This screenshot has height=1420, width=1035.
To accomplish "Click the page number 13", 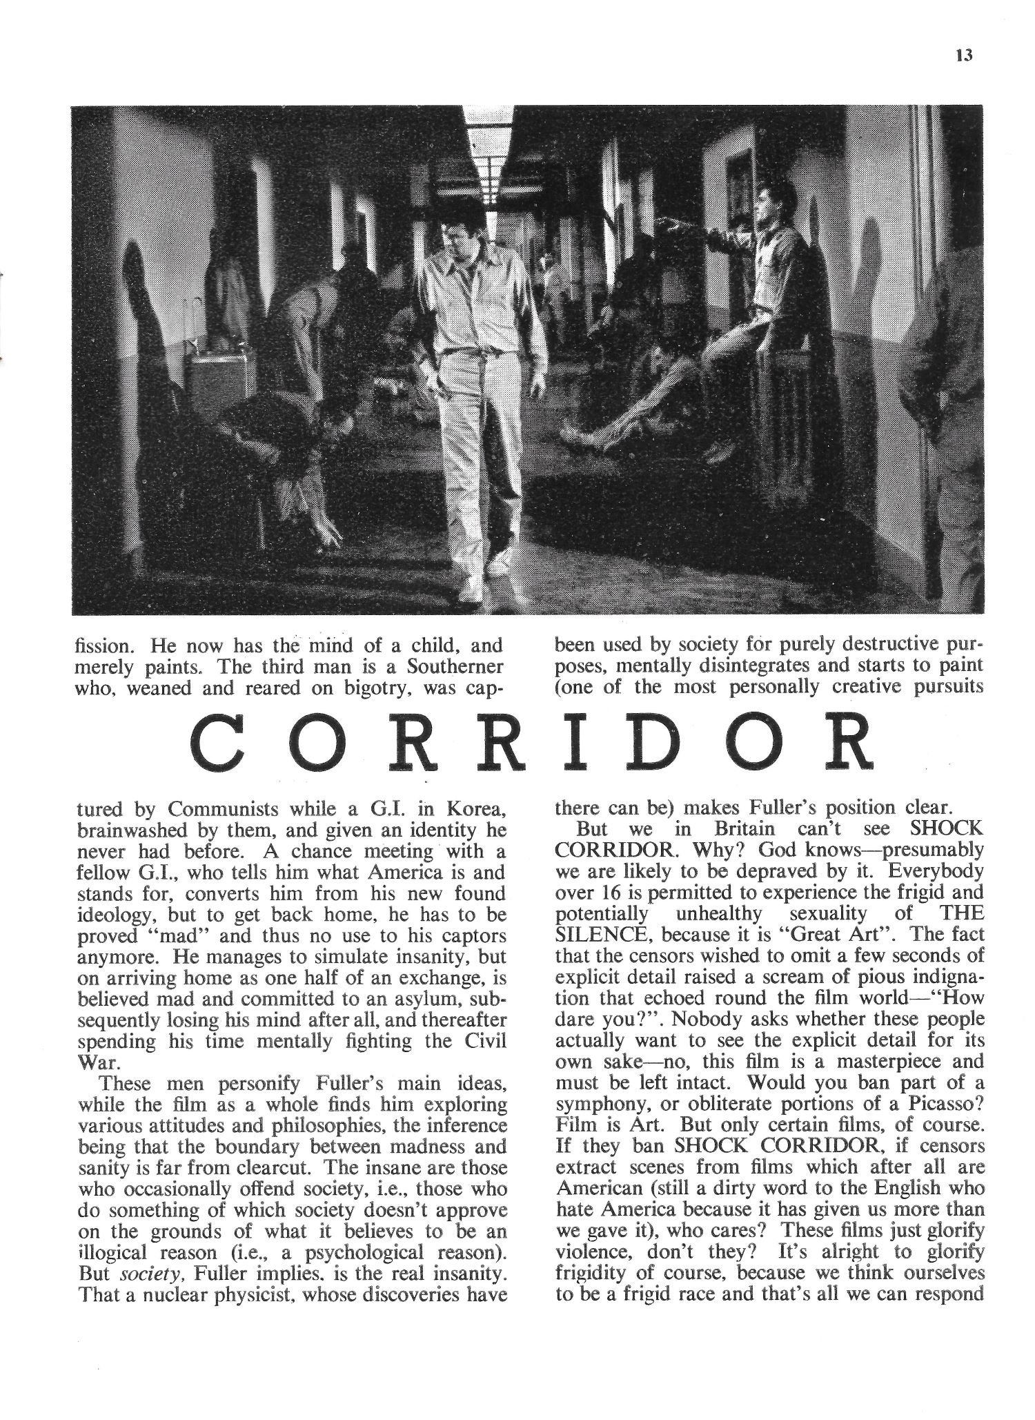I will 964,56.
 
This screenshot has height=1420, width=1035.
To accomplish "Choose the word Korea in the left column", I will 477,808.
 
